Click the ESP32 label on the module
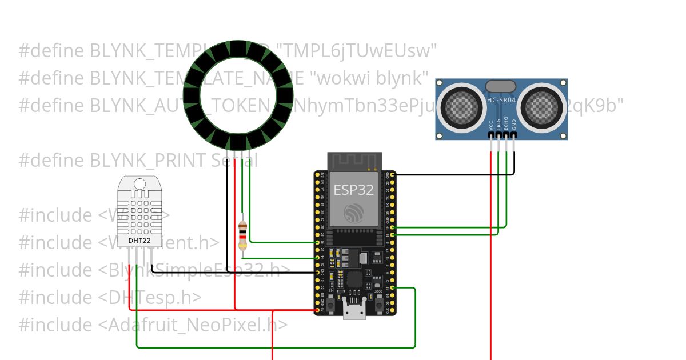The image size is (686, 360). click(x=354, y=189)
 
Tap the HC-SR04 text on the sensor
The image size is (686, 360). click(x=501, y=101)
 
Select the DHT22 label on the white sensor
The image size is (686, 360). click(x=139, y=241)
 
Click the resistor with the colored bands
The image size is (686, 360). click(x=243, y=235)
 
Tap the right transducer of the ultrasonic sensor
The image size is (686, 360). click(x=541, y=106)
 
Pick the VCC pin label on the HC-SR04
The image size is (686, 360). click(x=491, y=125)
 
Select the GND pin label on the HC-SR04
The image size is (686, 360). click(x=513, y=125)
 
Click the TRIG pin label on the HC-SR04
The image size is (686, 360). click(x=498, y=125)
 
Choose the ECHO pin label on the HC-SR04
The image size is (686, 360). click(x=506, y=125)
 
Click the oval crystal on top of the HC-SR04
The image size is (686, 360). click(x=501, y=86)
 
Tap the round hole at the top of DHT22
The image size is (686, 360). click(x=139, y=183)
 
